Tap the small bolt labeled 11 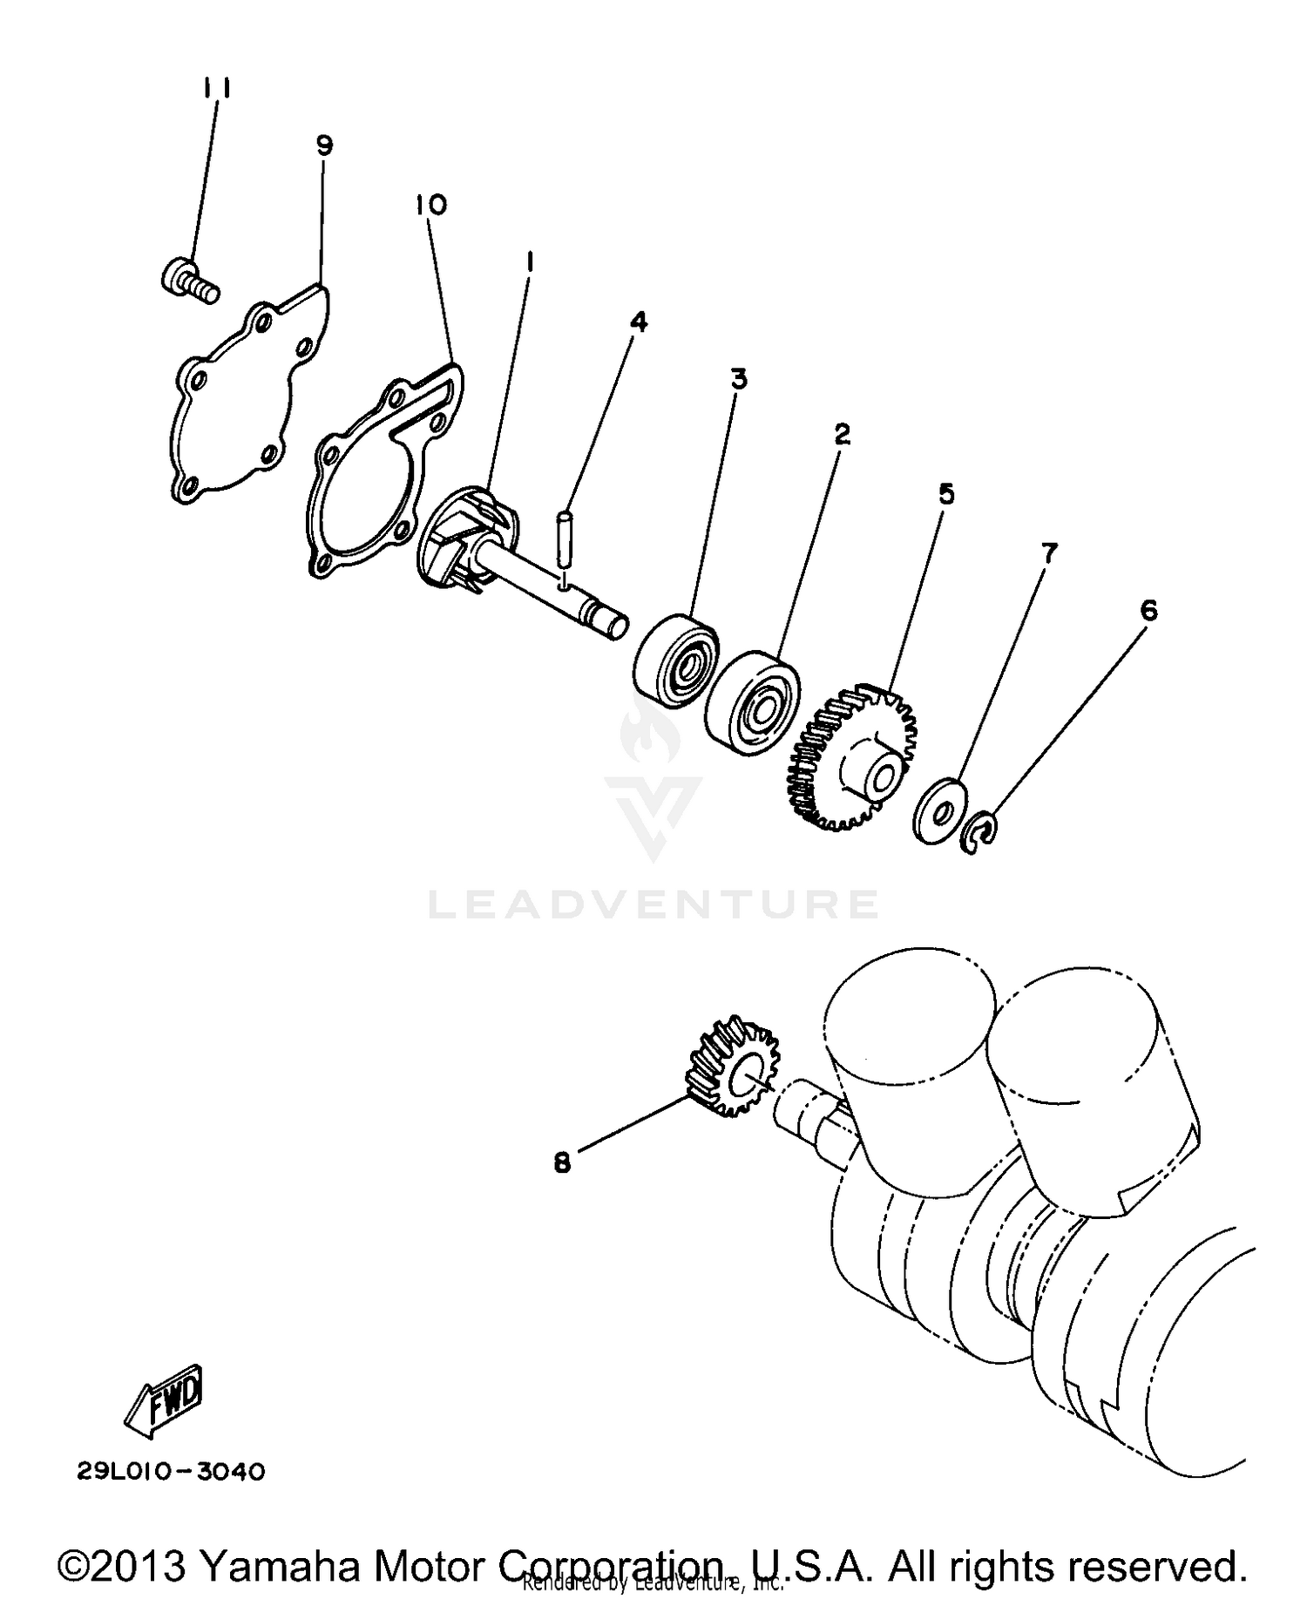[187, 281]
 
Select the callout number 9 [324, 146]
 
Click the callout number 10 [431, 205]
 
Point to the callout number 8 [563, 1162]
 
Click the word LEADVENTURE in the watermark [653, 905]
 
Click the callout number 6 [1149, 611]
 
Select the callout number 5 [946, 494]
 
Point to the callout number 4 [639, 322]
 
